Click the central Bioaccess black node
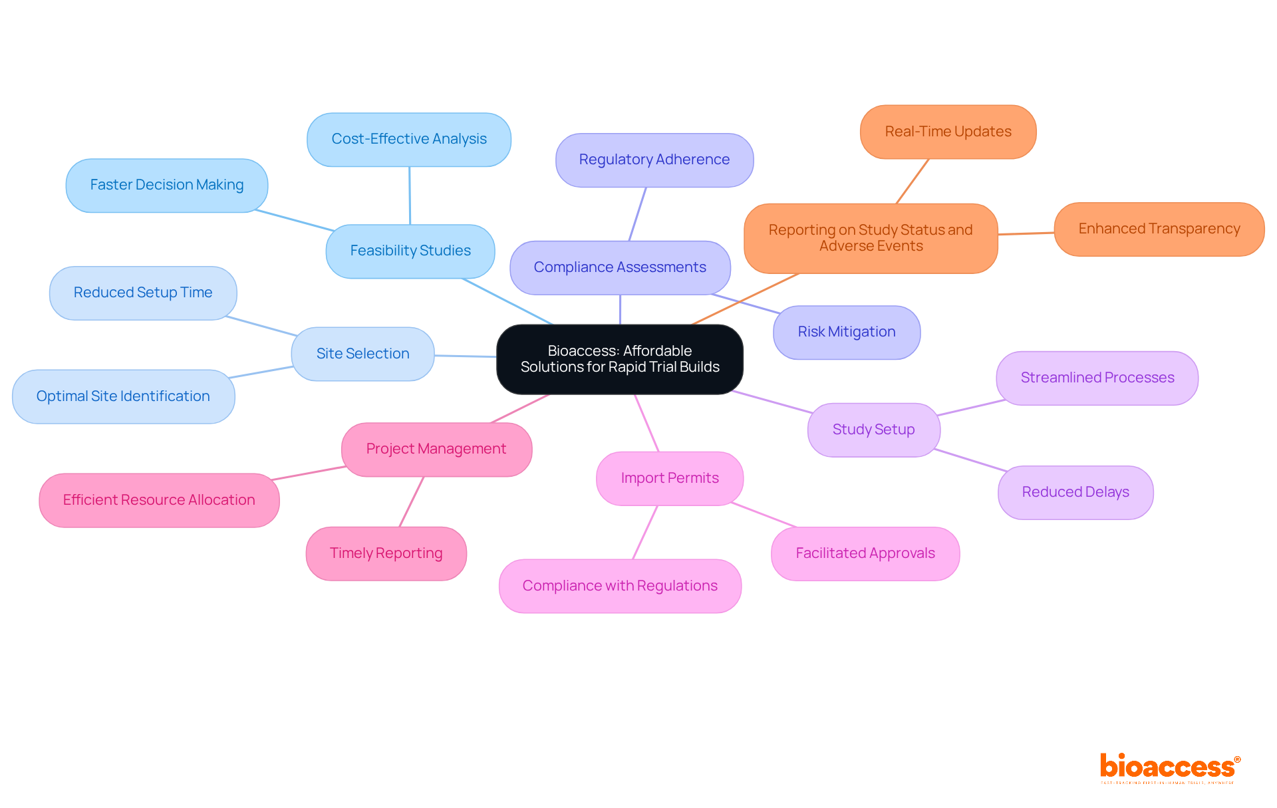coord(619,359)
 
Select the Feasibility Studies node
coord(410,251)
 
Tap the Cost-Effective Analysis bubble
coord(408,139)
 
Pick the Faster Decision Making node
coord(166,185)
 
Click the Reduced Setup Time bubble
coord(142,293)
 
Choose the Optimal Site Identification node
coord(123,396)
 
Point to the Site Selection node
coord(362,354)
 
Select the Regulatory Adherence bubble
coord(654,160)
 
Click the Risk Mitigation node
coord(846,332)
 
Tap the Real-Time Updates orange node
coord(948,132)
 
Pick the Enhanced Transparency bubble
coord(1159,229)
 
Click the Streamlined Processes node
coord(1097,378)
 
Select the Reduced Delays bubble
coord(1075,492)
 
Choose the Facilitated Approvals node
coord(865,553)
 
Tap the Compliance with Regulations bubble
coord(619,586)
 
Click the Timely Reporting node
coord(386,553)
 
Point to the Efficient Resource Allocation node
coord(158,500)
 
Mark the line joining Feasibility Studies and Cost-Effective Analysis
coord(410,196)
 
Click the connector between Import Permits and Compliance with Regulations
coord(645,532)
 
